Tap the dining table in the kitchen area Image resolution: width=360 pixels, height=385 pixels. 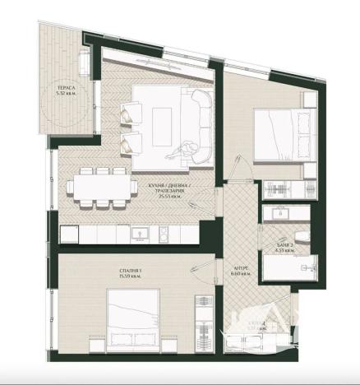(x=102, y=186)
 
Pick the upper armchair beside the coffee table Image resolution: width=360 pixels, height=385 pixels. (x=130, y=115)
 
